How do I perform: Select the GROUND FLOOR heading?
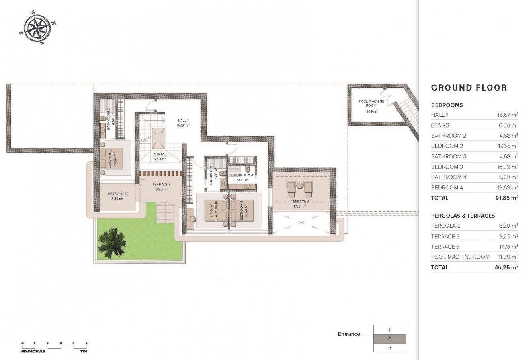click(x=469, y=88)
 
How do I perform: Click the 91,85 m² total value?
click(x=506, y=198)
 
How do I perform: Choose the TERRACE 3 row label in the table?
click(x=445, y=247)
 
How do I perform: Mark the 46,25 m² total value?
click(x=506, y=267)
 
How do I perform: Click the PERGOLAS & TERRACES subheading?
click(x=463, y=216)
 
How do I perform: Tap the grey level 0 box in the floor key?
click(x=389, y=339)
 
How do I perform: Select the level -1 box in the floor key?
click(x=389, y=348)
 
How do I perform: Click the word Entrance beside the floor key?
click(x=349, y=334)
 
